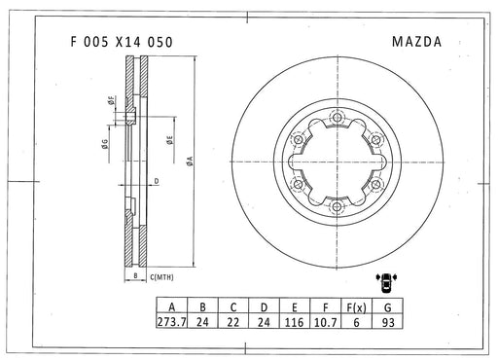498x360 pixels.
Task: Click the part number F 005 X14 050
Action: pyautogui.click(x=122, y=42)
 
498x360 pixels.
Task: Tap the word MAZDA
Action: pyautogui.click(x=416, y=42)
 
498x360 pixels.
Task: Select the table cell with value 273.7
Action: pyautogui.click(x=172, y=322)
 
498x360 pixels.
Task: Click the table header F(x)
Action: pyautogui.click(x=356, y=306)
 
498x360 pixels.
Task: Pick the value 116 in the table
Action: pyautogui.click(x=295, y=322)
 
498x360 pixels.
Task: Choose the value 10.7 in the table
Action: pyautogui.click(x=326, y=322)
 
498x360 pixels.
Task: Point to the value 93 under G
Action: pyautogui.click(x=388, y=322)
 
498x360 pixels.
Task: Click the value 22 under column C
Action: pyautogui.click(x=233, y=322)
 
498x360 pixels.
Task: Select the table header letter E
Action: pyautogui.click(x=295, y=306)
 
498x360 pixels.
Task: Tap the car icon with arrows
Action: pyautogui.click(x=386, y=282)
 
